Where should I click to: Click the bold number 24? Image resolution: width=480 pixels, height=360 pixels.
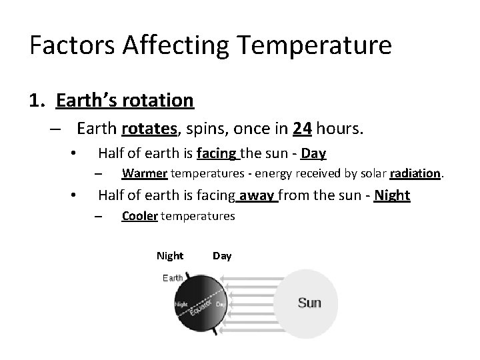(301, 127)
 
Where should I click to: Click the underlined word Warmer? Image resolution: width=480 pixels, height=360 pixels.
(145, 174)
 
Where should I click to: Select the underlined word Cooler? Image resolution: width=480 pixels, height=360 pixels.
(140, 216)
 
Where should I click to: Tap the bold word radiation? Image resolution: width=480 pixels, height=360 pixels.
(415, 174)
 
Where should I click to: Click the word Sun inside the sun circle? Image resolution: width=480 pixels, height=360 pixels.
(309, 303)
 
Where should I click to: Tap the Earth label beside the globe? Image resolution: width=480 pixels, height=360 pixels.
(172, 278)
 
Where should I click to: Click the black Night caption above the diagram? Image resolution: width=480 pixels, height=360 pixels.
(169, 256)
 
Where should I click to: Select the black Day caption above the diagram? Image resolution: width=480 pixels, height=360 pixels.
(222, 256)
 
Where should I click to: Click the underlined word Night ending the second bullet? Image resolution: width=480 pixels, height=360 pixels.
(392, 195)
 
